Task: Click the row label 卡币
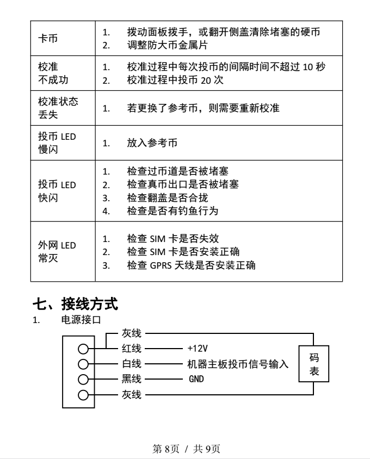pyautogui.click(x=48, y=39)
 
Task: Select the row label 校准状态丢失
pyautogui.click(x=58, y=108)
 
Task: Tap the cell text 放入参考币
pyautogui.click(x=152, y=143)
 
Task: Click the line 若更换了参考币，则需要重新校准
pyautogui.click(x=203, y=108)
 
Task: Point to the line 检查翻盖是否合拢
pyautogui.click(x=167, y=197)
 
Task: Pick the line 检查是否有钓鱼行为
pyautogui.click(x=172, y=211)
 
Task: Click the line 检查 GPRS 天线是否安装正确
pyautogui.click(x=191, y=265)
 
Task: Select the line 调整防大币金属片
pyautogui.click(x=167, y=45)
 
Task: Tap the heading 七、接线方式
pyautogui.click(x=75, y=303)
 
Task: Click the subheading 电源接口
pyautogui.click(x=81, y=320)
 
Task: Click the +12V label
pyautogui.click(x=198, y=349)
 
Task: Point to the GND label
pyautogui.click(x=196, y=379)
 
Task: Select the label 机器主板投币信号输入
pyautogui.click(x=238, y=364)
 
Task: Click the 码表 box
pyautogui.click(x=314, y=364)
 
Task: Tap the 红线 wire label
pyautogui.click(x=132, y=349)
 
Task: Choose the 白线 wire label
pyautogui.click(x=132, y=364)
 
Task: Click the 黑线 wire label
pyautogui.click(x=132, y=379)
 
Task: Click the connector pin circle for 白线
pyautogui.click(x=83, y=364)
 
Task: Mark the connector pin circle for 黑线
pyautogui.click(x=83, y=380)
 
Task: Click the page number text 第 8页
pyautogui.click(x=166, y=449)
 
